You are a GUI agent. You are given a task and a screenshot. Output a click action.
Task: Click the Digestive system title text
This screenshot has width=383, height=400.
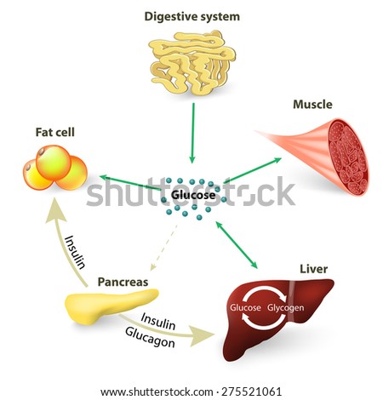click(192, 16)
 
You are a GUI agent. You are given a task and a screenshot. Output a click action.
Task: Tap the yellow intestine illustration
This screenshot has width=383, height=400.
click(192, 62)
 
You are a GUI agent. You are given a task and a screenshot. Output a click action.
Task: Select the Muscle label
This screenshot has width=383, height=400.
click(312, 105)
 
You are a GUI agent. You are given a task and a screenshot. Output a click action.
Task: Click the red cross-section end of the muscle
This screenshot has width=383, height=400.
click(349, 157)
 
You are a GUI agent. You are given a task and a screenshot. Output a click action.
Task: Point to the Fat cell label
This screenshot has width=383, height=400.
click(55, 132)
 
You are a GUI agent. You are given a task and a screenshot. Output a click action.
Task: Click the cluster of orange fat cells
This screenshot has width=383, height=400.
click(55, 168)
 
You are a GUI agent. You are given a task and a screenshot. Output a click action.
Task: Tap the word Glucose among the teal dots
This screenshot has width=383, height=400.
click(193, 195)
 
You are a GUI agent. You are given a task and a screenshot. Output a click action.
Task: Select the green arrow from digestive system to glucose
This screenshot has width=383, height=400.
click(193, 133)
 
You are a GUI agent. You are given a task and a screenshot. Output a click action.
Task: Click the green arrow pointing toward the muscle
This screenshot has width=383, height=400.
click(253, 170)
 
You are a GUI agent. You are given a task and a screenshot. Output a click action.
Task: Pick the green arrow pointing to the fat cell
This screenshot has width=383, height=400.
click(130, 183)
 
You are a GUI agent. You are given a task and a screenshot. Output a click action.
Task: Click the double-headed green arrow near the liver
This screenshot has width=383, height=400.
click(237, 245)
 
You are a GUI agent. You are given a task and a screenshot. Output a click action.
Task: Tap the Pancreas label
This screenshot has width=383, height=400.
click(123, 282)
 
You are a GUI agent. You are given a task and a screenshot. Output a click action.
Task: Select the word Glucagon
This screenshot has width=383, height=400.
click(150, 337)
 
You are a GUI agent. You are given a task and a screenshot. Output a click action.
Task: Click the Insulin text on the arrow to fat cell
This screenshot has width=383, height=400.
click(75, 252)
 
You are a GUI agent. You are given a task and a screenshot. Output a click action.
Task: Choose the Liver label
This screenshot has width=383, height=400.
click(314, 269)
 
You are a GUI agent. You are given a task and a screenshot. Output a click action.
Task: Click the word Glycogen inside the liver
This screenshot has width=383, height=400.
click(286, 308)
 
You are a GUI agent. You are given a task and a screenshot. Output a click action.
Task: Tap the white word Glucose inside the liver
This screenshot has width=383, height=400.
click(245, 307)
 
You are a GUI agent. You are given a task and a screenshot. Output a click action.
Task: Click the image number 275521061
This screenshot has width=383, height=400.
click(251, 391)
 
